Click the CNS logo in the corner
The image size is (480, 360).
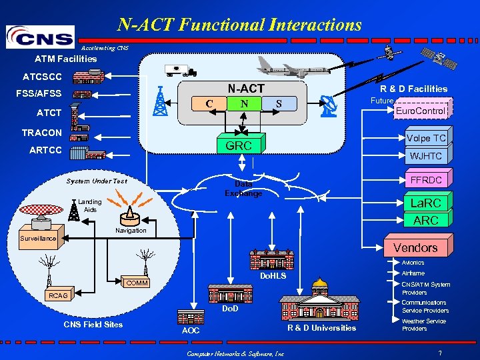[39, 37]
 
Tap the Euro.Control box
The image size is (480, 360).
[420, 111]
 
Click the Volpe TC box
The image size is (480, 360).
[427, 138]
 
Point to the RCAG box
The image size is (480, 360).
[59, 295]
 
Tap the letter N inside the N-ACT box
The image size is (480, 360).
[245, 103]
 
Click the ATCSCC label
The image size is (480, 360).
[43, 76]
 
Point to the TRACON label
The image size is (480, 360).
[41, 133]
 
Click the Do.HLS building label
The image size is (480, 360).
[273, 275]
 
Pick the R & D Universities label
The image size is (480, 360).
[322, 328]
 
